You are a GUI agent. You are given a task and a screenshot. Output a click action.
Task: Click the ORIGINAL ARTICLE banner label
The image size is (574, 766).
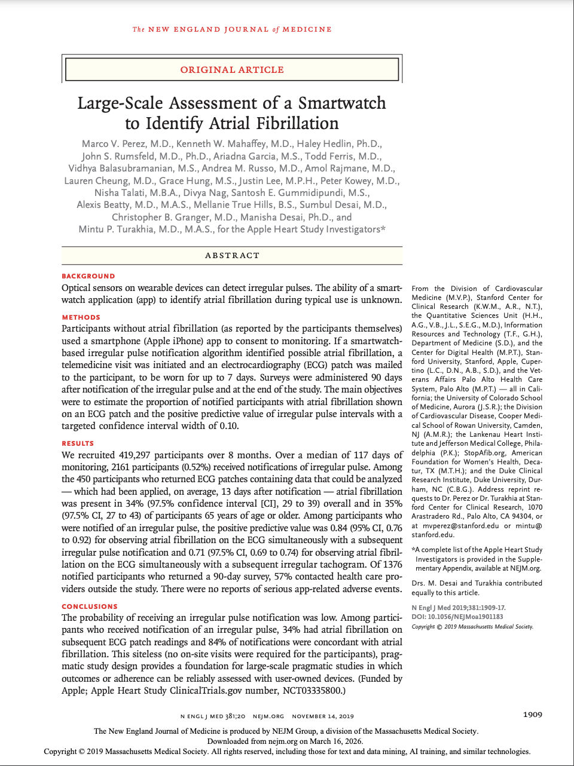[x=232, y=70]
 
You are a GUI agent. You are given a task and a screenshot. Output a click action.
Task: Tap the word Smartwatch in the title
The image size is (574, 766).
[x=342, y=103]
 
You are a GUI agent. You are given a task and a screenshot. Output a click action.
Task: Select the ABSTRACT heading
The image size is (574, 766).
[x=232, y=256]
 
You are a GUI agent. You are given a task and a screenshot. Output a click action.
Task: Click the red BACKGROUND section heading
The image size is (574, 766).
[x=88, y=276]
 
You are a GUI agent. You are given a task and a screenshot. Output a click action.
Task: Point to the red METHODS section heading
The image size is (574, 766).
[x=81, y=317]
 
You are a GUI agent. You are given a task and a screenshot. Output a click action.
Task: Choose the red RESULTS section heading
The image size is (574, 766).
[x=78, y=443]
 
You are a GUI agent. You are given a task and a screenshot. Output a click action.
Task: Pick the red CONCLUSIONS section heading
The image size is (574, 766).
[x=90, y=606]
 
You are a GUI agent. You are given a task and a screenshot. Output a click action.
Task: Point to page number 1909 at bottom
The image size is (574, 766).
[x=532, y=715]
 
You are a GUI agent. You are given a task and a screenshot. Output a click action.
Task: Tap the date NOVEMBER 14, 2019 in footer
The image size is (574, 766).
[x=323, y=716]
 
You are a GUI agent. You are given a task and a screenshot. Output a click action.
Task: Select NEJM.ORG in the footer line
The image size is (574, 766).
[x=268, y=716]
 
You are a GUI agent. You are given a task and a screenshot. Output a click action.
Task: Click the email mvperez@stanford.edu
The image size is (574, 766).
[x=460, y=526]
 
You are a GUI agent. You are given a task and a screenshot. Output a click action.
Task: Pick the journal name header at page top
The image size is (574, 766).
[x=232, y=29]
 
